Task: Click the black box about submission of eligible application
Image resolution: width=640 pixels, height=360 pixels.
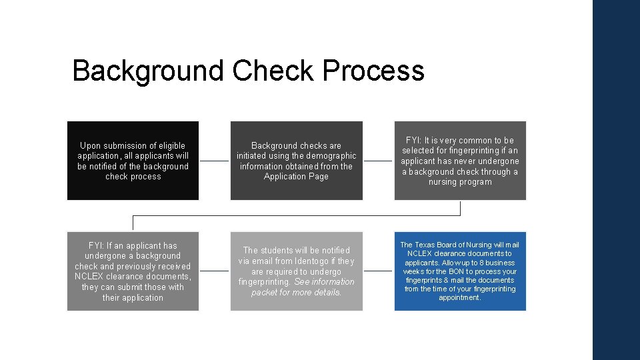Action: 133,161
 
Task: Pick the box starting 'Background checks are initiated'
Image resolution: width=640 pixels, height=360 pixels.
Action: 297,161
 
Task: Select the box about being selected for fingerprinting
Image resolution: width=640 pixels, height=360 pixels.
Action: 460,161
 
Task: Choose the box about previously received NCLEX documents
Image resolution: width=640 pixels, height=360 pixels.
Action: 133,271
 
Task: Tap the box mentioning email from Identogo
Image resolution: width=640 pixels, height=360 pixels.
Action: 297,271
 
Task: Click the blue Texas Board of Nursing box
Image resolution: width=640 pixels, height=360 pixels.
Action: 460,271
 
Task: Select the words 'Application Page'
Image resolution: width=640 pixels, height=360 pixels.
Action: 296,177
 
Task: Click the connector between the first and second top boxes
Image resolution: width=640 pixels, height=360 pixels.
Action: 214,161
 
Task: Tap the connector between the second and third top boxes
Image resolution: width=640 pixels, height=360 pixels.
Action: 378,161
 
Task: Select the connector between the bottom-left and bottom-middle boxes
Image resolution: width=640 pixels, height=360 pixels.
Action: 214,271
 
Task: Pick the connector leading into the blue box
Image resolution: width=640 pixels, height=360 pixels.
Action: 378,271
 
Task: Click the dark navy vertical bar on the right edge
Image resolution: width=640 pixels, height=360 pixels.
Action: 616,180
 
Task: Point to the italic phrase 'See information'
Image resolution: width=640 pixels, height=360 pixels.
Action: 324,282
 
